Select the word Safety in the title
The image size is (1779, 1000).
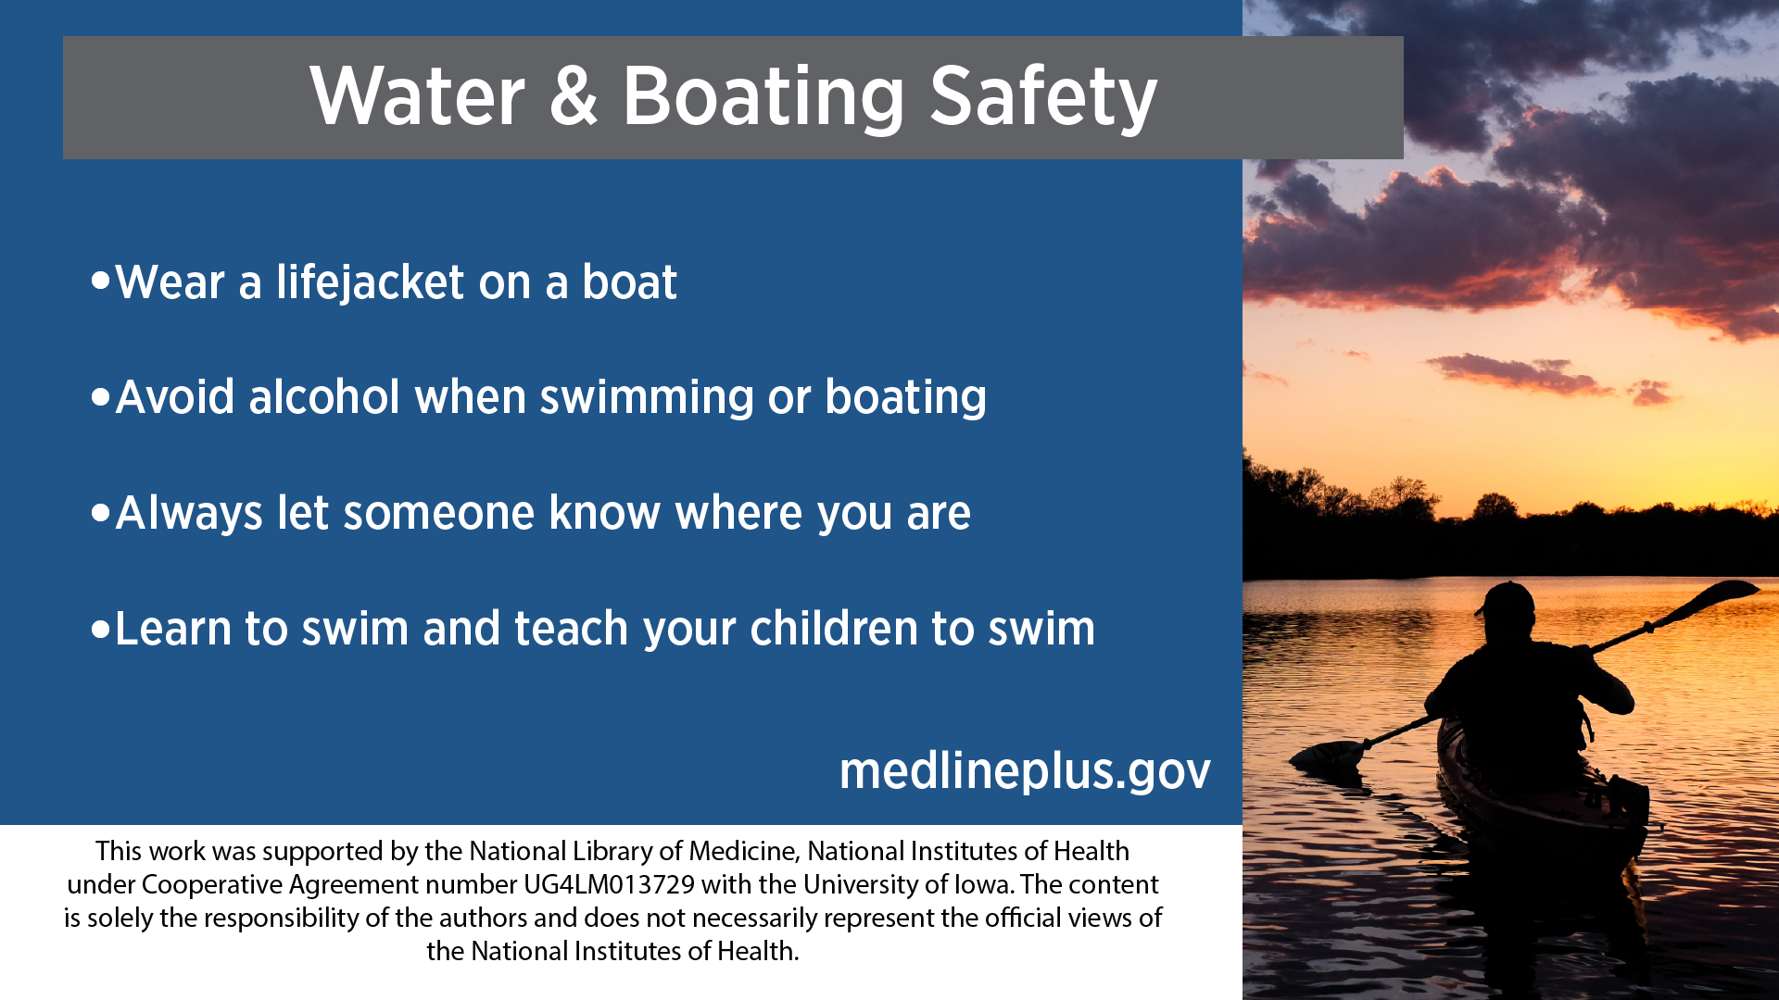[x=1043, y=98]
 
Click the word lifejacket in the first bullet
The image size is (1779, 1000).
[x=370, y=282]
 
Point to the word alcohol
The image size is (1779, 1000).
[x=324, y=396]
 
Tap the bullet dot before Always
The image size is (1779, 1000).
[x=101, y=513]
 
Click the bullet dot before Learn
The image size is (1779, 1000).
[x=101, y=630]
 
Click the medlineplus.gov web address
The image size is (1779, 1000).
[x=1025, y=770]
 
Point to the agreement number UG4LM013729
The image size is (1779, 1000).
[x=609, y=884]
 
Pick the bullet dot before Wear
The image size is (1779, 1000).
[x=101, y=281]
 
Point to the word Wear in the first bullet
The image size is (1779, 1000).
[x=170, y=282]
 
